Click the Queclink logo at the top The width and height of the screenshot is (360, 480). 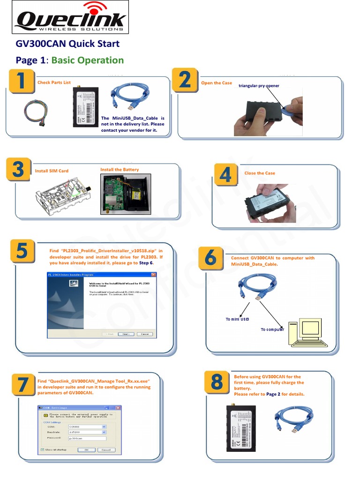click(70, 18)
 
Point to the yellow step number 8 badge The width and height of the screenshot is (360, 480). click(217, 382)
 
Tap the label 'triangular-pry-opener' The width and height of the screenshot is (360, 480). click(259, 86)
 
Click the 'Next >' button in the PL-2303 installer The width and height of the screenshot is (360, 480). click(126, 334)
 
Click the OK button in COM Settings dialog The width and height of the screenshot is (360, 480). click(86, 450)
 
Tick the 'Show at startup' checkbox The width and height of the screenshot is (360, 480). click(43, 450)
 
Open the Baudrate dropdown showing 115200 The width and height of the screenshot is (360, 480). click(104, 432)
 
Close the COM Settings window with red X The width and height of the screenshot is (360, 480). click(118, 408)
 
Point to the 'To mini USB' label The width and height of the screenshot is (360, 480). click(237, 319)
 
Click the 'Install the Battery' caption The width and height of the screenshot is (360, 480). click(120, 170)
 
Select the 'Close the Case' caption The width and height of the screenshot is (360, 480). click(260, 173)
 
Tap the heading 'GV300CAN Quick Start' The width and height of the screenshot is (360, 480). click(67, 44)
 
